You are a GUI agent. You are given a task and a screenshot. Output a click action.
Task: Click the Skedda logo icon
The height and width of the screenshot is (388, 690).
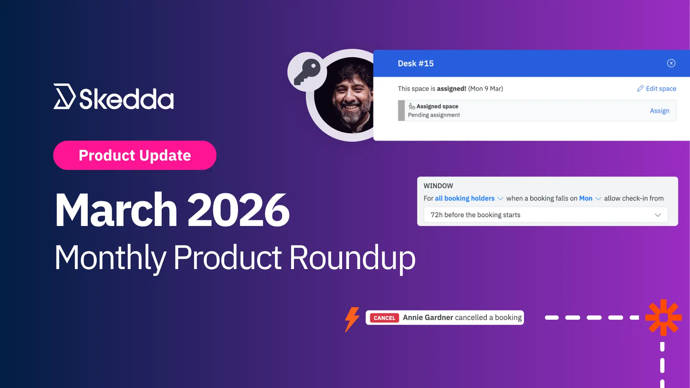(x=64, y=96)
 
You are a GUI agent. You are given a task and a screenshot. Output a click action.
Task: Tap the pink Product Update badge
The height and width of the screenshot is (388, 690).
(x=135, y=155)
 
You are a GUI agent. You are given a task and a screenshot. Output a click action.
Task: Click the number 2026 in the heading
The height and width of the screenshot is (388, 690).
(x=238, y=210)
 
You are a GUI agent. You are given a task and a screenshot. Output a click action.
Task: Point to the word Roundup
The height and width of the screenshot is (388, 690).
(x=352, y=258)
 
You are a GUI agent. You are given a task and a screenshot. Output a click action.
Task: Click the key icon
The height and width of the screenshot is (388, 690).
(x=307, y=72)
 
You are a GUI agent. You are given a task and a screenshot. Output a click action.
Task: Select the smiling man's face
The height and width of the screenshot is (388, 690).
(x=350, y=95)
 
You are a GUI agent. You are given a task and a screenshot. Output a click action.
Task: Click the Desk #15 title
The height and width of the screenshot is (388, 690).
(x=415, y=64)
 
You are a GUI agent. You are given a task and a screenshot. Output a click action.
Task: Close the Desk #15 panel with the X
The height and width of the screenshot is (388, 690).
(x=671, y=63)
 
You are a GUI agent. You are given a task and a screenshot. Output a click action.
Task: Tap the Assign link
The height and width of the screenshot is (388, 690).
(x=659, y=111)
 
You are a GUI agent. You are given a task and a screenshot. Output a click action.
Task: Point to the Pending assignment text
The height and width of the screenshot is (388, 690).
(x=434, y=115)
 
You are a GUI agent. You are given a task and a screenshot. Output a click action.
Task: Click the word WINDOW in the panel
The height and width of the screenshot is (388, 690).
(x=438, y=186)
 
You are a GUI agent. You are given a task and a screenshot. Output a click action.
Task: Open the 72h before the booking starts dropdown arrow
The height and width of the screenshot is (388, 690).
(x=658, y=215)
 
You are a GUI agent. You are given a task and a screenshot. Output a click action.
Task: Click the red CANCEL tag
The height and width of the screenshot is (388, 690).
(x=384, y=318)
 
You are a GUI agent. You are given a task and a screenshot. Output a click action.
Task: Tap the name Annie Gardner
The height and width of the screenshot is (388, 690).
(x=428, y=318)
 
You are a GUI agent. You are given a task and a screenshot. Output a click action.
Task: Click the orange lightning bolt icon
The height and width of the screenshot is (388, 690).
(x=352, y=319)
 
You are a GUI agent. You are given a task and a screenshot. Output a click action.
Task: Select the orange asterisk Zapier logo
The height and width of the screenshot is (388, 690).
(x=663, y=318)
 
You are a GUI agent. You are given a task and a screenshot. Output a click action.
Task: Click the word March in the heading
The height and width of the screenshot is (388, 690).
(x=116, y=210)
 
